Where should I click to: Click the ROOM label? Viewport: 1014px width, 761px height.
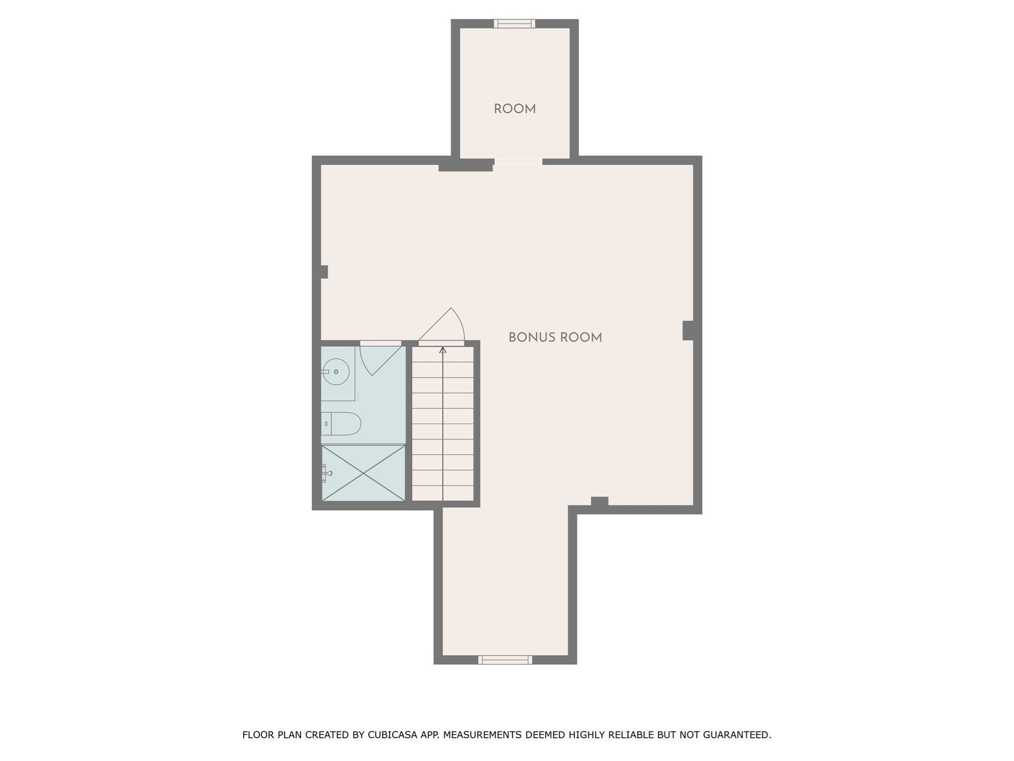[x=514, y=109]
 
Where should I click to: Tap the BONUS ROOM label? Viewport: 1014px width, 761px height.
[x=555, y=337]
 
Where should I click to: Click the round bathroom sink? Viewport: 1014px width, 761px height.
[x=336, y=372]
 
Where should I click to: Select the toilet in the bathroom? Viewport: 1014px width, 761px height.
[x=345, y=424]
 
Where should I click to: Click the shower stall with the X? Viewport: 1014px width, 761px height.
[x=363, y=473]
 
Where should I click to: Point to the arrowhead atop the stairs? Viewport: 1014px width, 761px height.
[x=443, y=350]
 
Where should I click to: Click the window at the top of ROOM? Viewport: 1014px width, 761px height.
[x=514, y=23]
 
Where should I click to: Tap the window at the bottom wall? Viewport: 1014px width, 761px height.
[x=505, y=659]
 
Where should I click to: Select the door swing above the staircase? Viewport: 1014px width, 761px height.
[x=446, y=325]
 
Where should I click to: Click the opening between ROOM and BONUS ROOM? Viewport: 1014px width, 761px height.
[x=518, y=162]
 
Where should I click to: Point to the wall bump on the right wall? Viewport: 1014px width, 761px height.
[x=688, y=330]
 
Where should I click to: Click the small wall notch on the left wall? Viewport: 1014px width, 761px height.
[x=324, y=272]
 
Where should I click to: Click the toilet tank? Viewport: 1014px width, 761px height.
[x=325, y=424]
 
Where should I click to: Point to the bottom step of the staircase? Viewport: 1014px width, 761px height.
[x=443, y=493]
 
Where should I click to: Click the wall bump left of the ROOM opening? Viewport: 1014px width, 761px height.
[x=465, y=165]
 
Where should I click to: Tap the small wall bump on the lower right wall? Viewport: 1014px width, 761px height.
[x=599, y=501]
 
